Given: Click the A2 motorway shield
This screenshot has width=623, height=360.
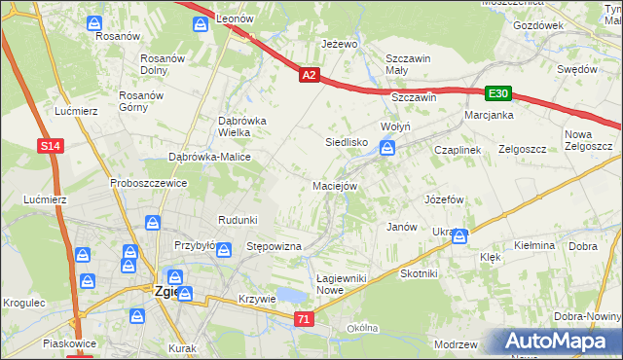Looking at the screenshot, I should point(309,74).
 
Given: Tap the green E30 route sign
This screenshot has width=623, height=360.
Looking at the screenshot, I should point(498,93).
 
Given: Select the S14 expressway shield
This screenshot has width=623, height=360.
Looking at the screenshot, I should point(53,146).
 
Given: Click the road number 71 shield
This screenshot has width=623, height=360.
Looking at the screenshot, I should point(305,319).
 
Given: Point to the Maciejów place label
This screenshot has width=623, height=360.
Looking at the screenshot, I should point(336,186).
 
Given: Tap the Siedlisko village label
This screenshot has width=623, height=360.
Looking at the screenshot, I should point(346,142).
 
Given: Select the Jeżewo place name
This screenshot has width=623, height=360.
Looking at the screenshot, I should point(340,45).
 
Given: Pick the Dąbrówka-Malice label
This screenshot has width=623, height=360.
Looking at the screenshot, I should point(210,157).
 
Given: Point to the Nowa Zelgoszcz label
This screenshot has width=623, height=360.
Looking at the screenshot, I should point(587,140).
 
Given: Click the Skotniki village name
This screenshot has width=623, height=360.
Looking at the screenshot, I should point(419,274).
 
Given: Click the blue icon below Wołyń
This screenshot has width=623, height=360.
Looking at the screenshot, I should point(387,148).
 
